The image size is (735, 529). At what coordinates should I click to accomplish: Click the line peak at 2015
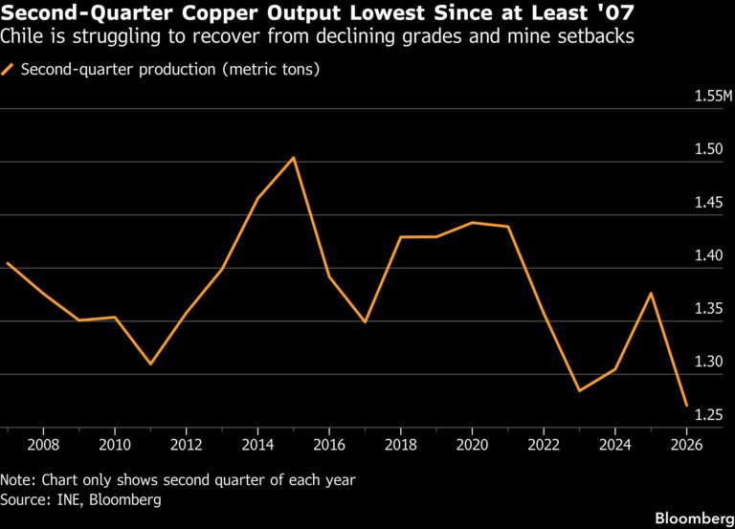[294, 158]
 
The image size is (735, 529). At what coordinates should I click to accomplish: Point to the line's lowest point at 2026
[687, 406]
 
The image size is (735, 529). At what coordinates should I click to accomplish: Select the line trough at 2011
[150, 364]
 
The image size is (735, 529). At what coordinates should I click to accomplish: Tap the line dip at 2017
[366, 322]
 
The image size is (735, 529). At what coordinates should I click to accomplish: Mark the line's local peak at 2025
[651, 293]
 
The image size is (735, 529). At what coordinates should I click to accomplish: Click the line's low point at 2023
[579, 391]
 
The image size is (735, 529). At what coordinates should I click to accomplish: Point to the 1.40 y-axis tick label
[709, 255]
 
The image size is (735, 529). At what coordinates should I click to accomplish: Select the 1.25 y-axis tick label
[709, 414]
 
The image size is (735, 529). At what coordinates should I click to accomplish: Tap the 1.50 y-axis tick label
[709, 149]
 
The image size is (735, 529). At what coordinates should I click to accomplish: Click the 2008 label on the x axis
[43, 444]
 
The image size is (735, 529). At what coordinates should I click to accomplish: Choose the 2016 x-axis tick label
[329, 444]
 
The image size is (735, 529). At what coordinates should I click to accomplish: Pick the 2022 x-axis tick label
[544, 444]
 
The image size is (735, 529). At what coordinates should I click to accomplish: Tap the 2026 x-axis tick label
[687, 444]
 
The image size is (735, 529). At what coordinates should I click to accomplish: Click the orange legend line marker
[7, 69]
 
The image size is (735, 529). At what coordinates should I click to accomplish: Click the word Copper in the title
[220, 13]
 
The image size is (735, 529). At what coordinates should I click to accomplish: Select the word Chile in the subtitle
[23, 36]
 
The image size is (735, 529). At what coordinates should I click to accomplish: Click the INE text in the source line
[69, 499]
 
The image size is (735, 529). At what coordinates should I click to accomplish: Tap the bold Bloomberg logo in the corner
[695, 518]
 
